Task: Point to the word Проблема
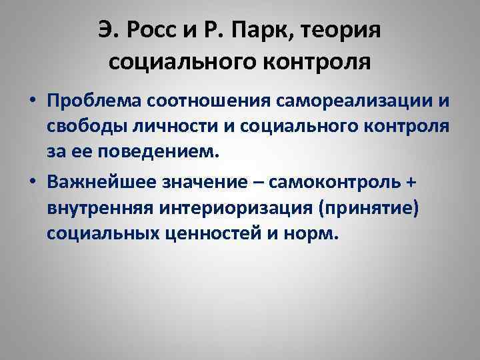pos(97,102)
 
